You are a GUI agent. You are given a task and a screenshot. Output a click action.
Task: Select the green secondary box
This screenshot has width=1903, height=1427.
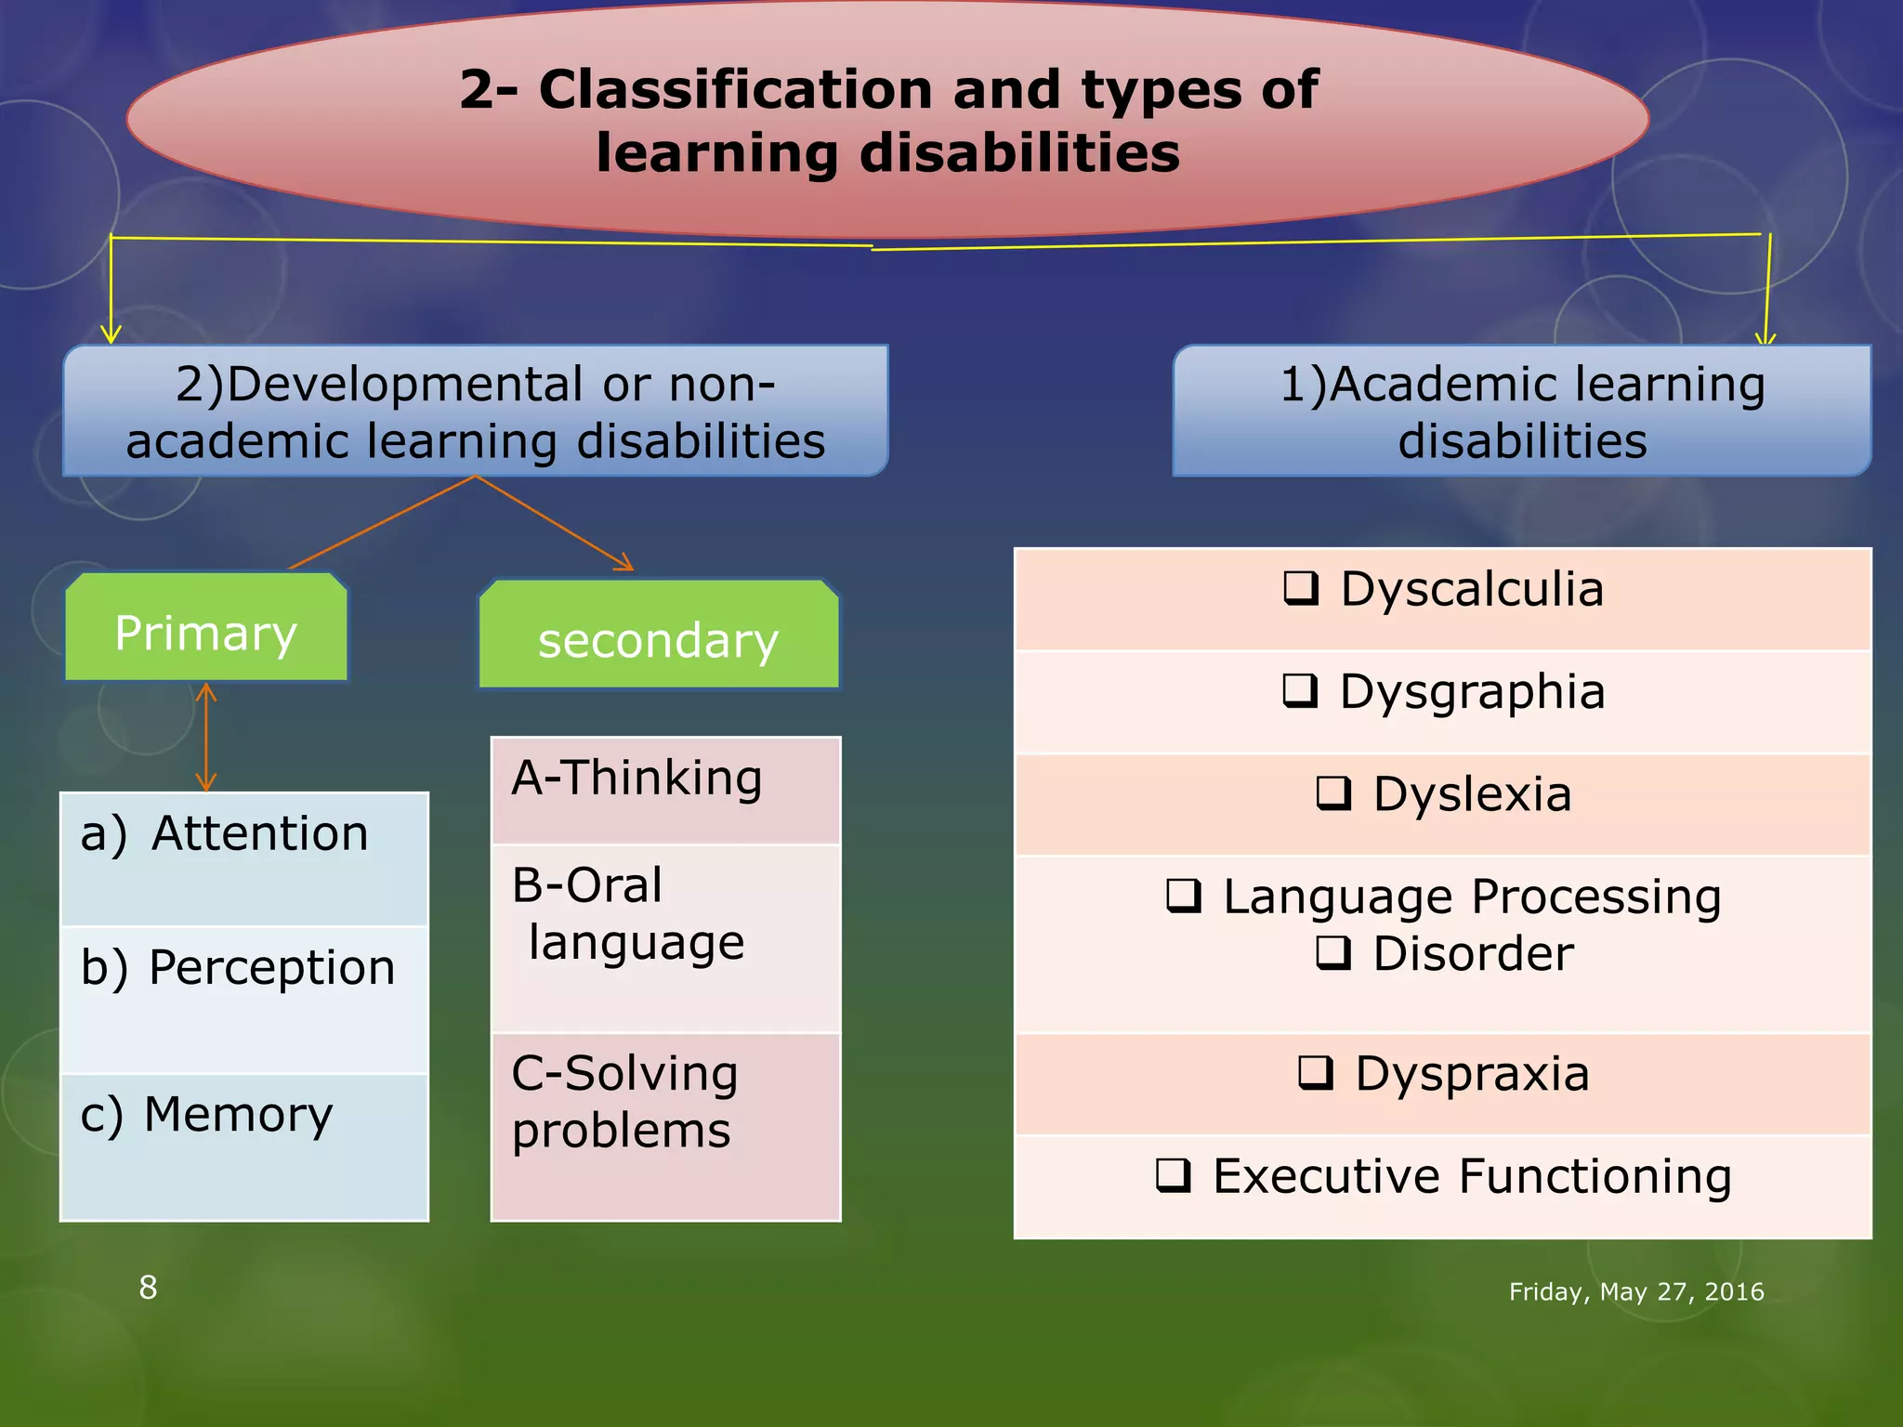[x=658, y=637]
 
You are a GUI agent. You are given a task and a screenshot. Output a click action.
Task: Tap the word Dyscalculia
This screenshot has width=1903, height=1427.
[x=1472, y=589]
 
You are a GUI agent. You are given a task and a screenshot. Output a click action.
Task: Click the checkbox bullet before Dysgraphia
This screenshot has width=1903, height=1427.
[x=1300, y=690]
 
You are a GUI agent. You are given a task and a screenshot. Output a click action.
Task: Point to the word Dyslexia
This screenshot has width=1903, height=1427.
[x=1472, y=794]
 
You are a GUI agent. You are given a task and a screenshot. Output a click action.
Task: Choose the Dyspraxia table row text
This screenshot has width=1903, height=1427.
[x=1472, y=1074]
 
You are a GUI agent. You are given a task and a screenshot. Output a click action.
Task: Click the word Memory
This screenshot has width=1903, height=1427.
[x=238, y=1114]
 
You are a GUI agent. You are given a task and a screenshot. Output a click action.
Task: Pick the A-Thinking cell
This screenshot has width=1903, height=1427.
[x=665, y=790]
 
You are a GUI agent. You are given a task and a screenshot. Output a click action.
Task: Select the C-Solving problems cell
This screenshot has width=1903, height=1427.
[x=665, y=1124]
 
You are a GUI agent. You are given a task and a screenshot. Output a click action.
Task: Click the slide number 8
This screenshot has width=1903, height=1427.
[x=148, y=1288]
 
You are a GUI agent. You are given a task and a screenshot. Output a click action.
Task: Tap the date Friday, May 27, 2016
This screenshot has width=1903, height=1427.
[x=1635, y=1291]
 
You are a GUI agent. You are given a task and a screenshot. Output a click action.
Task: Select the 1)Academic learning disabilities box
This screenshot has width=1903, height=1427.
[x=1521, y=411]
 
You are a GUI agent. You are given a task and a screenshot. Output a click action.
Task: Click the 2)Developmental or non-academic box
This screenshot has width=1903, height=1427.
[x=475, y=411]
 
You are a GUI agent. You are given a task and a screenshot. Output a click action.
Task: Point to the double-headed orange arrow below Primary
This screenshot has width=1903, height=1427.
[x=206, y=737]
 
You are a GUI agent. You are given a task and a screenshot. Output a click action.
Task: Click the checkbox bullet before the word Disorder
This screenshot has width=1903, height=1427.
[x=1332, y=952]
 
